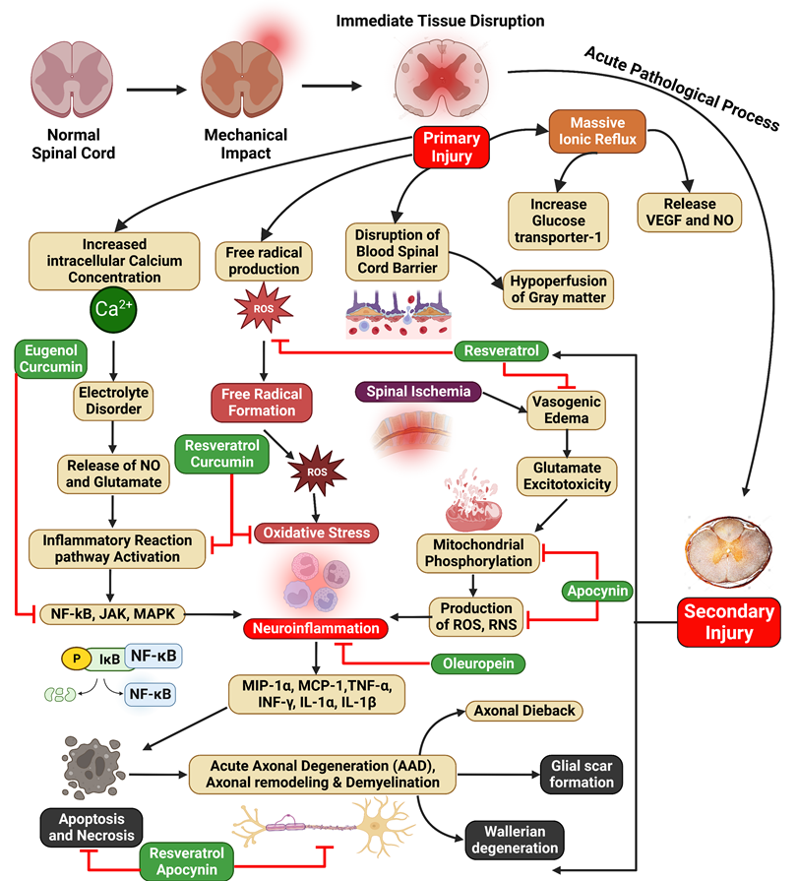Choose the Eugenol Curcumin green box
pos(52,358)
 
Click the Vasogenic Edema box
pos(566,409)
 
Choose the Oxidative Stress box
pos(316,533)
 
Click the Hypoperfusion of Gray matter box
pos(558,288)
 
